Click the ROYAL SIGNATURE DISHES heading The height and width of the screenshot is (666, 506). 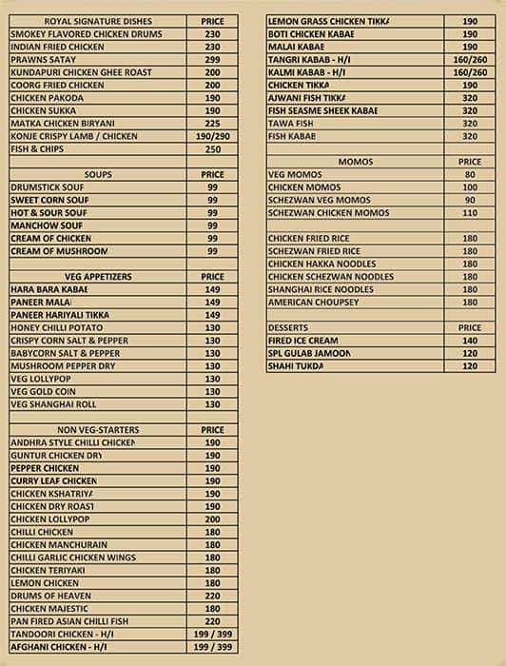(96, 20)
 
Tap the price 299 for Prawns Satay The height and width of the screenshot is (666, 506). (212, 59)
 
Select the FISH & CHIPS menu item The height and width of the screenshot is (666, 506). (37, 149)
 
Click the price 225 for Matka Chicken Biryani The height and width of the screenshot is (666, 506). (212, 123)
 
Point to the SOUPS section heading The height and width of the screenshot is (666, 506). (98, 175)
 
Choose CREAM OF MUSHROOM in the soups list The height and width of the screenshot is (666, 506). (59, 251)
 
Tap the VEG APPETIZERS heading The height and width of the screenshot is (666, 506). (98, 277)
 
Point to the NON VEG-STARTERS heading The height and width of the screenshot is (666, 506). (98, 430)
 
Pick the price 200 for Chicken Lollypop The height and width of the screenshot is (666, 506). (212, 519)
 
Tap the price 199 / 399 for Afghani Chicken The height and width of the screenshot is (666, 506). (212, 648)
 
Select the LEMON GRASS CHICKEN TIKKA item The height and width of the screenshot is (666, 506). (322, 20)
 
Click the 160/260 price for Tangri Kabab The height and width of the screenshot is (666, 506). (470, 59)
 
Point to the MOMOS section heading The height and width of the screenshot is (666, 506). (356, 162)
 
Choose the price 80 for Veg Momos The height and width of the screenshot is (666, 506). (470, 175)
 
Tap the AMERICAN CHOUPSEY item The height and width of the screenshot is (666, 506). (313, 302)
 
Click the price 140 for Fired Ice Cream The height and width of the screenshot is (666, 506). (470, 341)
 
